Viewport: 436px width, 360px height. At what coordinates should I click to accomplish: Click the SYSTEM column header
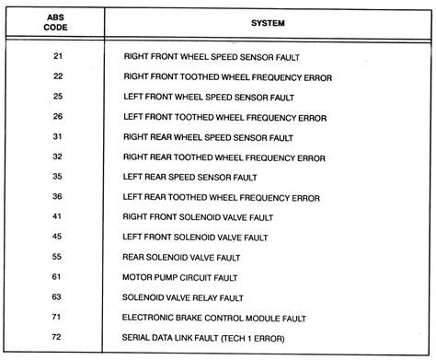coord(266,22)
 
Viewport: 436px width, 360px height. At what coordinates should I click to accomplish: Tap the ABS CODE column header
coord(59,22)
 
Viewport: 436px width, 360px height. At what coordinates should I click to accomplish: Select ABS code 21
coord(59,56)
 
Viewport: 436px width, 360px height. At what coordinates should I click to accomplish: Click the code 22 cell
coord(59,76)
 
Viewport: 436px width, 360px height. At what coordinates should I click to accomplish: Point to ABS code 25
coord(59,97)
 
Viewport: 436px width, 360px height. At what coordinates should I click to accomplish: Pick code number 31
coord(59,136)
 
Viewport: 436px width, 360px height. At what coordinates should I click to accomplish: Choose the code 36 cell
coord(59,196)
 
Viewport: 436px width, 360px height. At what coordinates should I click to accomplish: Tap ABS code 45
coord(59,237)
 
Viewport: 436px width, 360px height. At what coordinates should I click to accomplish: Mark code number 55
coord(59,257)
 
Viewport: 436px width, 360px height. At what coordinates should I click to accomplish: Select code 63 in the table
coord(59,297)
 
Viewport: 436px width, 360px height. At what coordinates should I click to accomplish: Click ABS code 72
coord(59,337)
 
